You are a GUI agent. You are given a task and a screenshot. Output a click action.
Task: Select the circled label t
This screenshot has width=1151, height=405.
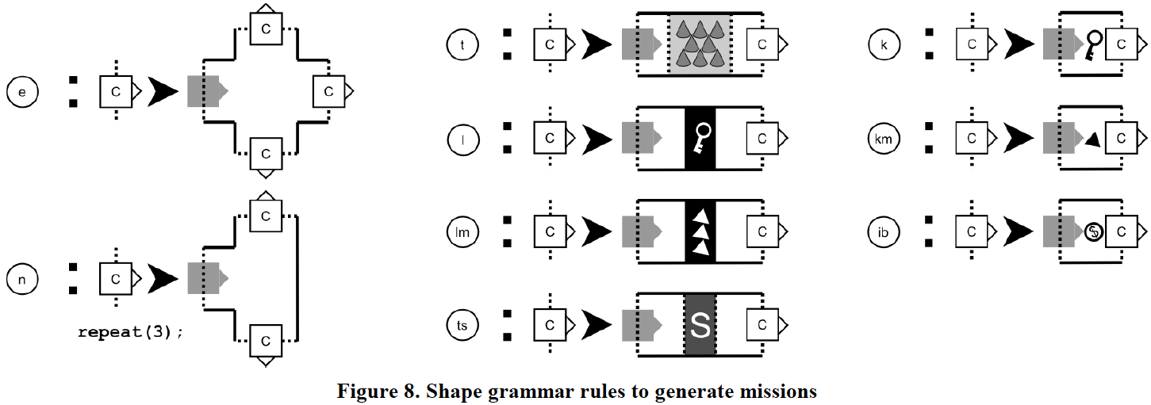pos(462,44)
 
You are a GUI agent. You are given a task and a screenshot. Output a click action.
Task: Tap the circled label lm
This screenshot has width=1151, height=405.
pos(462,231)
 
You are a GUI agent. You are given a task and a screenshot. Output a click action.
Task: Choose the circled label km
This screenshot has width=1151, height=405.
pos(885,138)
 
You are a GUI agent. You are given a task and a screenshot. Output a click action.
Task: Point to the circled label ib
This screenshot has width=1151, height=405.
pos(885,231)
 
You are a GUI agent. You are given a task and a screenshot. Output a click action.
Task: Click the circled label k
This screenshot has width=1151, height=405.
pos(885,44)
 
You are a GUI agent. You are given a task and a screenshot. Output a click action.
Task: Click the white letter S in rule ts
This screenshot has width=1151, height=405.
pos(700,325)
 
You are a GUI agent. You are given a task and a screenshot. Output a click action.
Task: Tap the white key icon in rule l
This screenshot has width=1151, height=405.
pos(700,139)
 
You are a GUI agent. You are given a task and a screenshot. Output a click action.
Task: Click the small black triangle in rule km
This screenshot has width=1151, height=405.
pos(1093,139)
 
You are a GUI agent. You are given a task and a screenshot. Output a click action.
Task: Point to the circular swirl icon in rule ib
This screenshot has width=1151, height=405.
pos(1093,232)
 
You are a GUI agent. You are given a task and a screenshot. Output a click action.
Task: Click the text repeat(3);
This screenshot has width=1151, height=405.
pos(131,332)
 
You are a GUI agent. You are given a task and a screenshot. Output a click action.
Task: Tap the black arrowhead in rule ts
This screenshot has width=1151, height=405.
pos(596,324)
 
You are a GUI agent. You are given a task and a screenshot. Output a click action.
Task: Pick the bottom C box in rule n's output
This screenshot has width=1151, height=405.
pos(267,341)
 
